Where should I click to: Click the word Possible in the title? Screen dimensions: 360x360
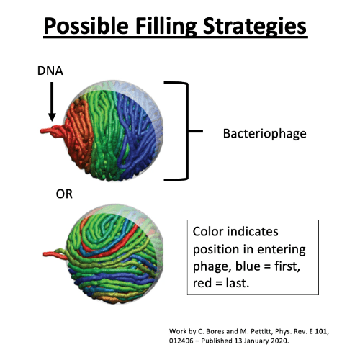tap(86, 26)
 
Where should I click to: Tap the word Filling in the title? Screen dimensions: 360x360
tap(166, 27)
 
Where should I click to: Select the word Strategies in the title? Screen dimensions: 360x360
tap(255, 27)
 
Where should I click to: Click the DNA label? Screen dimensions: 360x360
tap(50, 71)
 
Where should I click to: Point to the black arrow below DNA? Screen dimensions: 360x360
tap(52, 102)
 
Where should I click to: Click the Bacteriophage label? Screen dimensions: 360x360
tap(265, 134)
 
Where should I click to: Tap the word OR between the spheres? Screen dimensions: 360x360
tap(64, 194)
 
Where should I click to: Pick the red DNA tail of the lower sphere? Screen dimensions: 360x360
tap(55, 255)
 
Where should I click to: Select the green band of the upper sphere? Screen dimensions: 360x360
tap(104, 135)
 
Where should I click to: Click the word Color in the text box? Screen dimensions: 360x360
tap(208, 232)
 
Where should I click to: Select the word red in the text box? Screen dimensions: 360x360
tap(202, 284)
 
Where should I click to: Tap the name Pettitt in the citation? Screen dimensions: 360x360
tap(261, 332)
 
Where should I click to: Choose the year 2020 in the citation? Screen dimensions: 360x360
tap(279, 341)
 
